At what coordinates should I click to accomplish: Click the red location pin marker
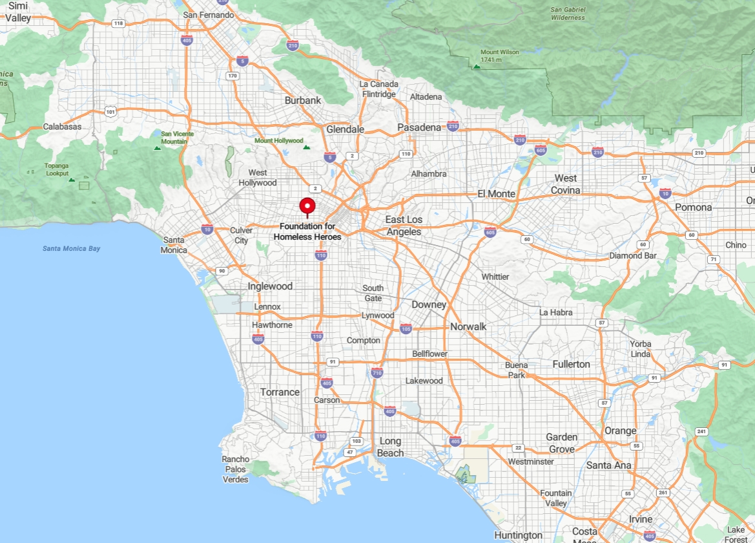(x=307, y=207)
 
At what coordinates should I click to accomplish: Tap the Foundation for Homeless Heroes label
(x=307, y=232)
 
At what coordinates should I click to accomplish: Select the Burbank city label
(x=303, y=100)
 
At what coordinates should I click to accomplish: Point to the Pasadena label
(x=419, y=127)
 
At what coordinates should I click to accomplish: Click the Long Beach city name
(x=390, y=447)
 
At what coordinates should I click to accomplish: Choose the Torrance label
(x=280, y=392)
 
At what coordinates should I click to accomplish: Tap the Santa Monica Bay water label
(x=72, y=248)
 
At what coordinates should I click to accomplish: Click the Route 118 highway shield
(x=118, y=23)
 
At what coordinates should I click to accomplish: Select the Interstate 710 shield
(x=377, y=372)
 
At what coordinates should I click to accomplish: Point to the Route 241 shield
(x=701, y=431)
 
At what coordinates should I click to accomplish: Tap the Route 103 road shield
(x=356, y=441)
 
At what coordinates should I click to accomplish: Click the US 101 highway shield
(x=111, y=111)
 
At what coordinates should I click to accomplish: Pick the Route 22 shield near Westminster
(x=518, y=448)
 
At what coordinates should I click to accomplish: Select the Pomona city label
(x=693, y=208)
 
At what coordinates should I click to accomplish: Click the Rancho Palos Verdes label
(x=236, y=469)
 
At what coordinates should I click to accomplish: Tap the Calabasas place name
(x=63, y=127)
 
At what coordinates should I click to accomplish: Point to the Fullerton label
(x=571, y=365)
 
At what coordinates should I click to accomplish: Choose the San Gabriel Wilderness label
(x=568, y=14)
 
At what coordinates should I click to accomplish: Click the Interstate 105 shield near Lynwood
(x=406, y=328)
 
